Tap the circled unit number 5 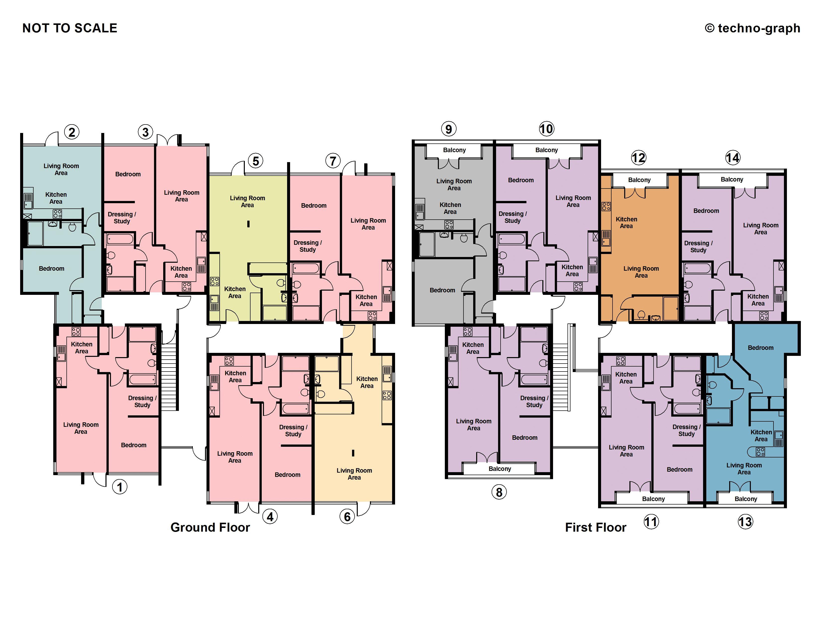coord(256,161)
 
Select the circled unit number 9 coord(449,129)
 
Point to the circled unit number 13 coord(745,522)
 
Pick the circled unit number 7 coord(333,161)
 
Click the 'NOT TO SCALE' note coord(70,28)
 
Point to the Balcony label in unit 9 coord(454,150)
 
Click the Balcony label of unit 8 coord(500,469)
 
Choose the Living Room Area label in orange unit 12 coord(641,272)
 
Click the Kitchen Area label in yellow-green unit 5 coord(235,292)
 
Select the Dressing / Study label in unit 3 coord(122,217)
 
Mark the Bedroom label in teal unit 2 coord(51,269)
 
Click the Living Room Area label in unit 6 coord(354,474)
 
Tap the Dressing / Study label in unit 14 coord(698,246)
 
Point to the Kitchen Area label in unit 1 coord(82,348)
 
